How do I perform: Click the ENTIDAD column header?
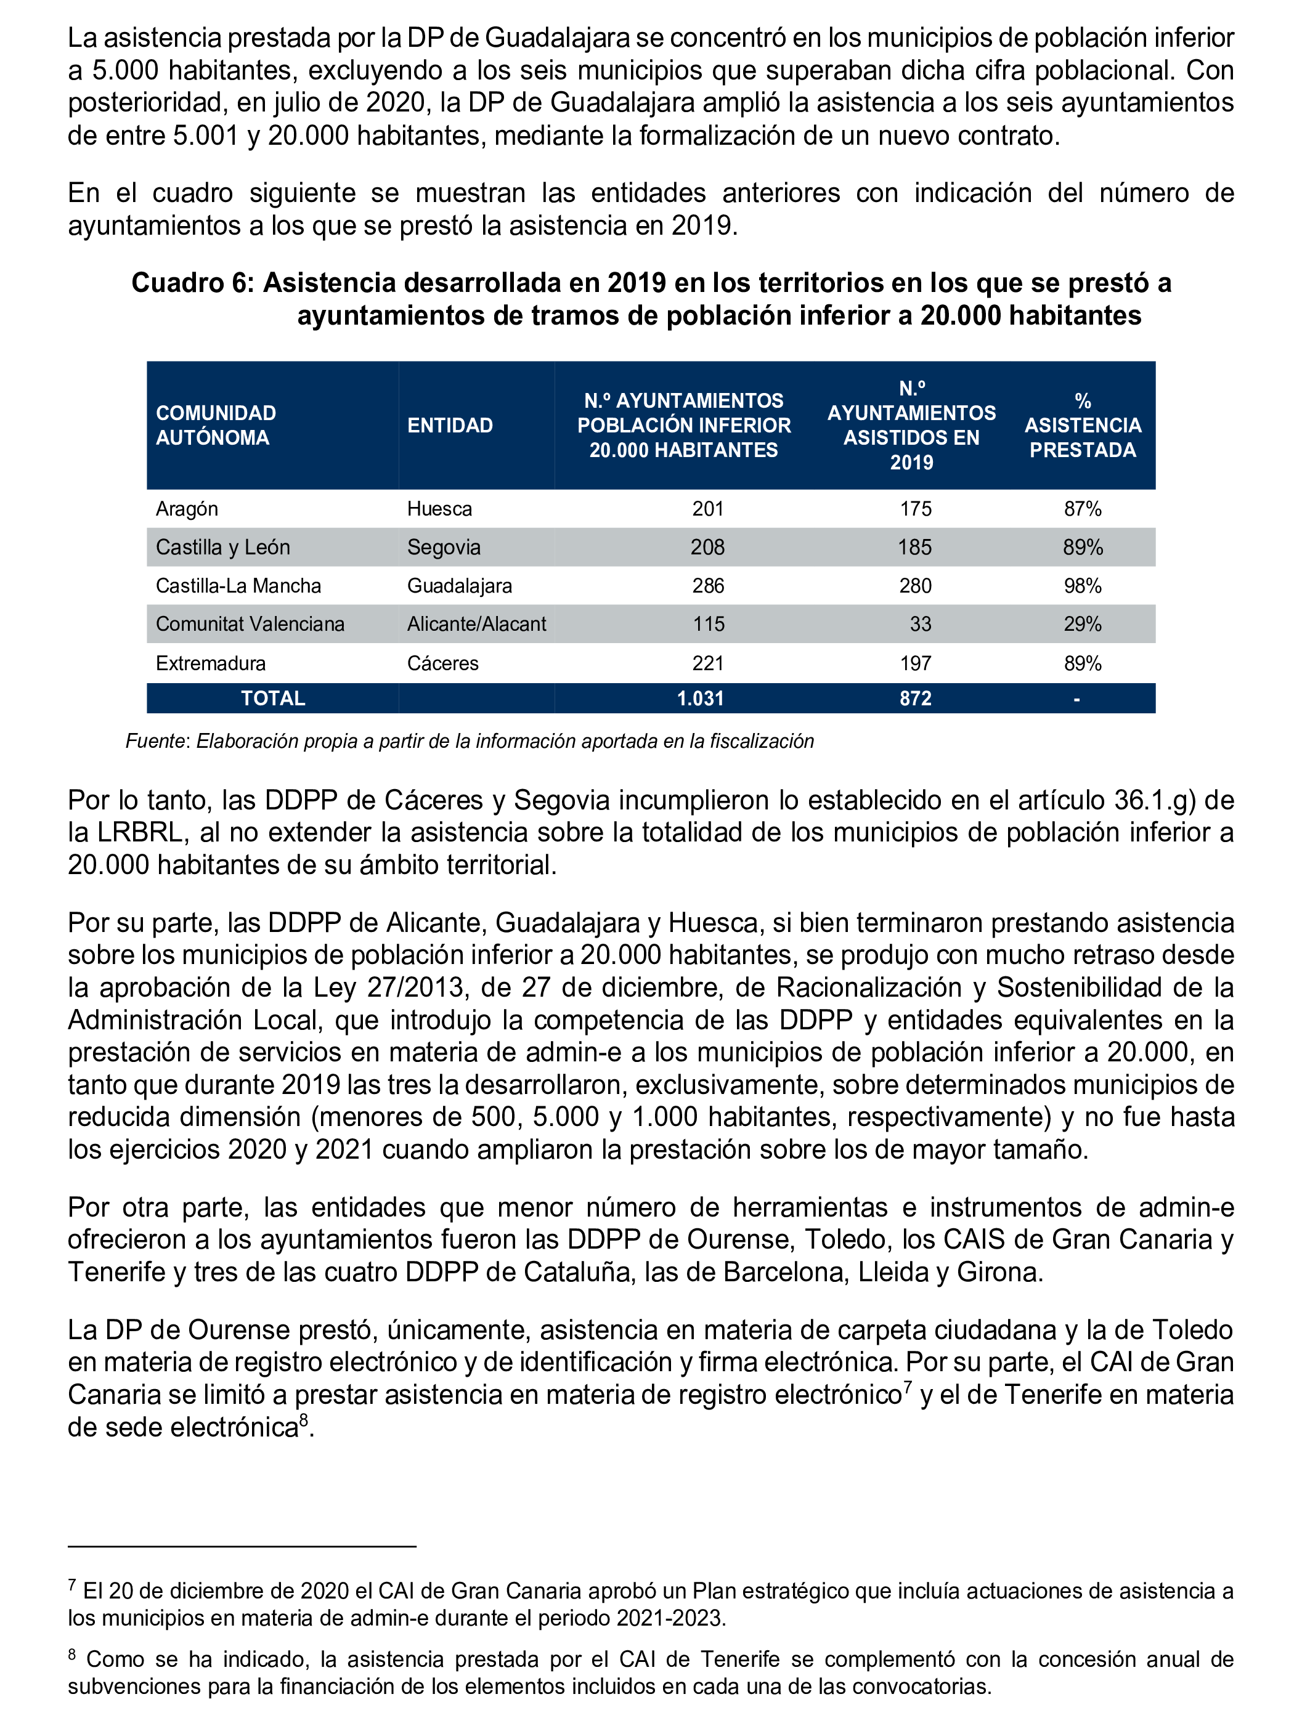[450, 426]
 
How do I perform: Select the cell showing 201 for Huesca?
[707, 509]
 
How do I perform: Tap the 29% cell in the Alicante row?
[1082, 624]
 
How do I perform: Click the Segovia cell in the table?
[443, 547]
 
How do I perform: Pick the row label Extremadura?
[211, 663]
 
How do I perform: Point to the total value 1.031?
[700, 699]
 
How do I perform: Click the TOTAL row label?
[272, 699]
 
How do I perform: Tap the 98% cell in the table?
[1082, 586]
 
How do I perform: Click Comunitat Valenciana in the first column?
[250, 624]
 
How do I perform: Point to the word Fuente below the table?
[155, 741]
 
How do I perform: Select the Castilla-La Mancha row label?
[238, 586]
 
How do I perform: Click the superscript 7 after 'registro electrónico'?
[908, 1386]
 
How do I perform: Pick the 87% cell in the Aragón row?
[1082, 509]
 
